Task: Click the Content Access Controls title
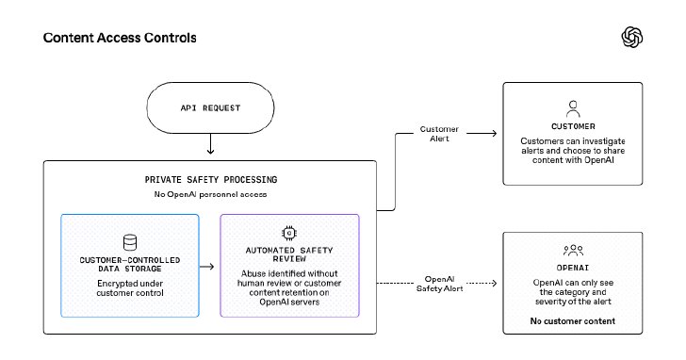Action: pos(120,38)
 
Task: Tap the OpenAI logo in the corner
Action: pos(631,37)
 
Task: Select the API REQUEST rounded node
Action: pos(210,107)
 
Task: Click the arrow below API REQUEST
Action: pos(210,144)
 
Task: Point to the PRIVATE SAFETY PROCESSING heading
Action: pos(211,180)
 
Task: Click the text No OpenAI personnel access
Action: pos(210,194)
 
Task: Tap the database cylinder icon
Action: pos(130,242)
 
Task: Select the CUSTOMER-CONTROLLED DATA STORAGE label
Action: pos(130,264)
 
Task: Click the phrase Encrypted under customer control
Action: pos(130,288)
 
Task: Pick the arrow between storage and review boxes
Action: pos(206,267)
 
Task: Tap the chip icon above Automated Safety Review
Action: pos(289,233)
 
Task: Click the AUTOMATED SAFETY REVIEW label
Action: pos(289,254)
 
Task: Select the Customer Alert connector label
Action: pos(439,134)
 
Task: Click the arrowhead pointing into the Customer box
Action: pos(495,133)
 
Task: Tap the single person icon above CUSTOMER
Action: pos(573,109)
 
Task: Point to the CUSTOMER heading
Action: pos(573,126)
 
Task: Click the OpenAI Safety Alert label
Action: pos(439,284)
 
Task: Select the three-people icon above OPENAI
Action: pos(573,250)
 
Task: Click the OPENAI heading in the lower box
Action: pos(573,268)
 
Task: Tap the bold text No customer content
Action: pos(573,321)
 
